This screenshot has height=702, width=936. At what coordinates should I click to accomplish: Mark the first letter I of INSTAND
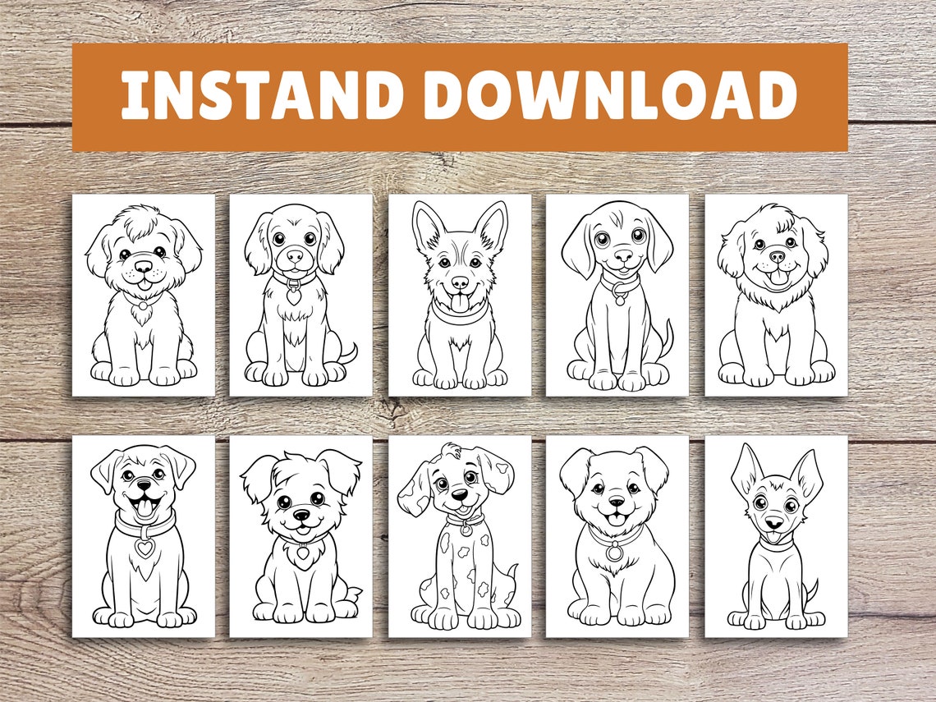pyautogui.click(x=132, y=96)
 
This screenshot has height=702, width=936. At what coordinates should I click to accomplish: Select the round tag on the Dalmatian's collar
pyautogui.click(x=465, y=530)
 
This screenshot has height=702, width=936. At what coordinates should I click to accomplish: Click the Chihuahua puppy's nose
pyautogui.click(x=773, y=522)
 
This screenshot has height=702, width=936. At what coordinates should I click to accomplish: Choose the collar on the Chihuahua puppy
pyautogui.click(x=775, y=544)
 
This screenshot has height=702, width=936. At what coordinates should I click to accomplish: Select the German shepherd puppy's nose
pyautogui.click(x=459, y=281)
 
